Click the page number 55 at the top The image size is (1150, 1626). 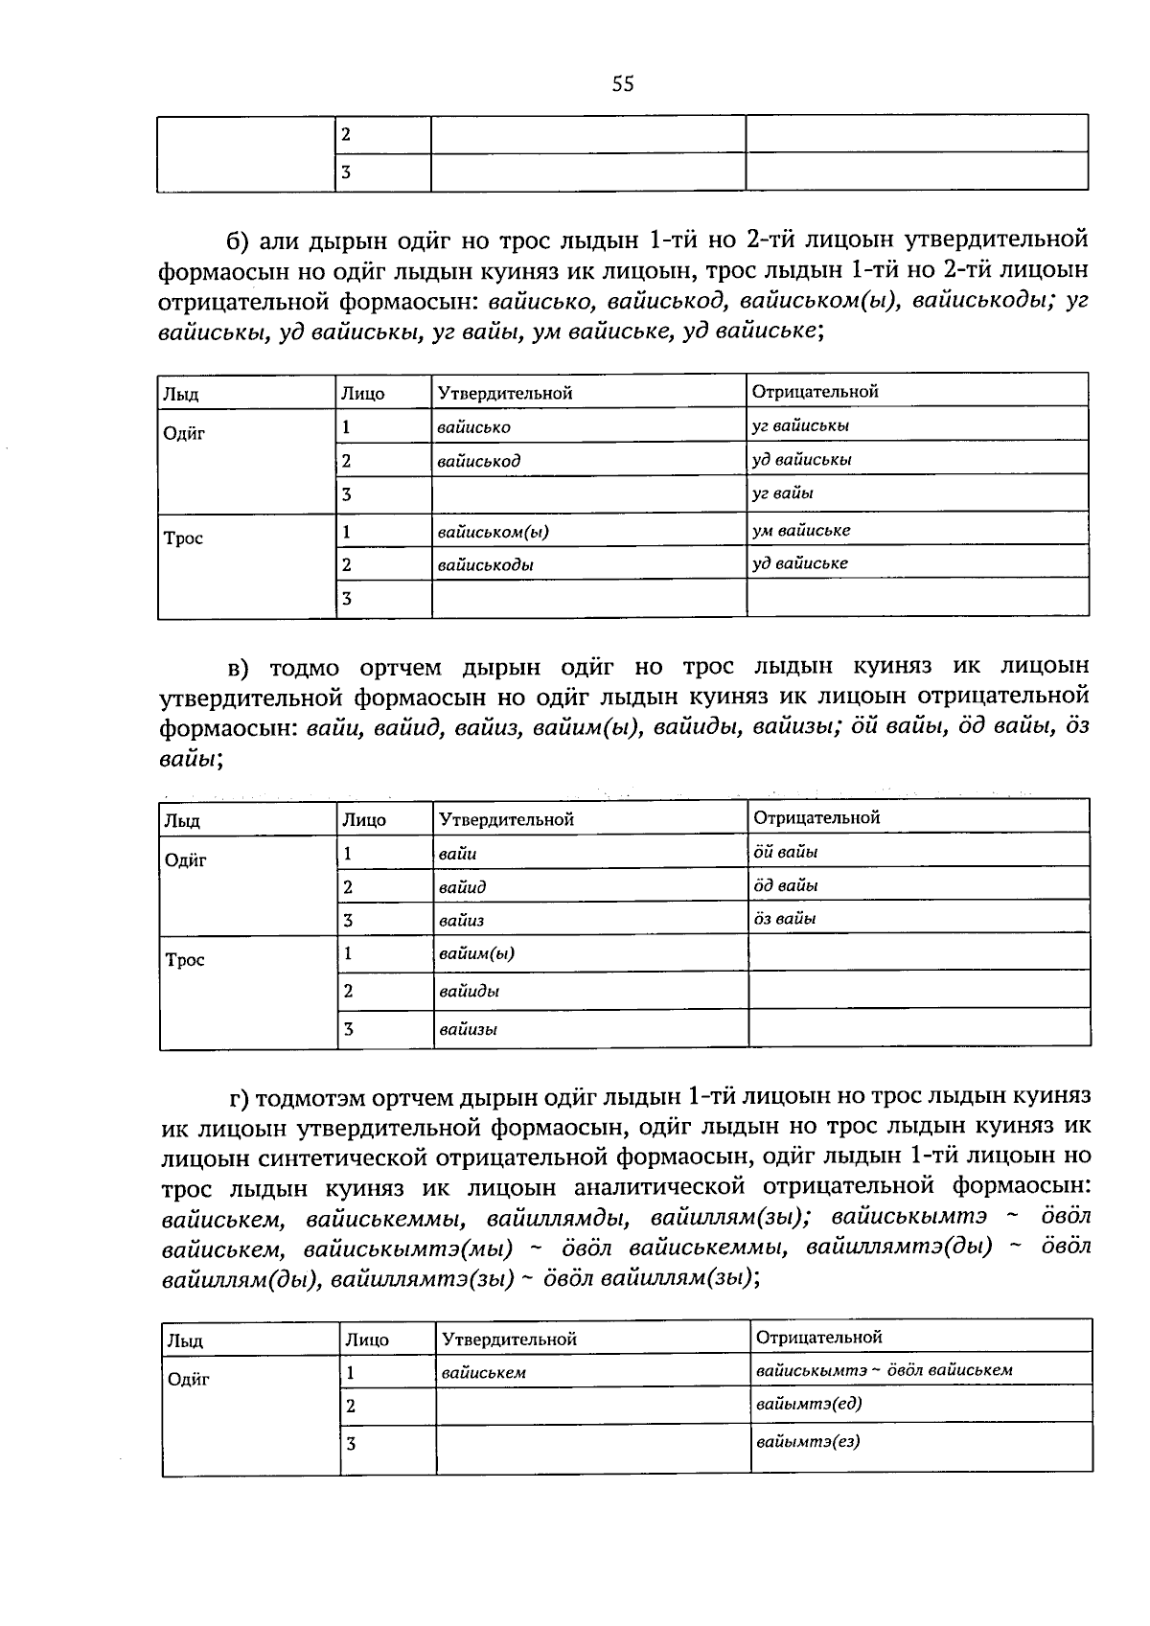click(623, 84)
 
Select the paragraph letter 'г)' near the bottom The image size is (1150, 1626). click(240, 1095)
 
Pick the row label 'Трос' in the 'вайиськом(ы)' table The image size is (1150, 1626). click(183, 538)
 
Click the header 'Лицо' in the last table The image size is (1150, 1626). click(366, 1340)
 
